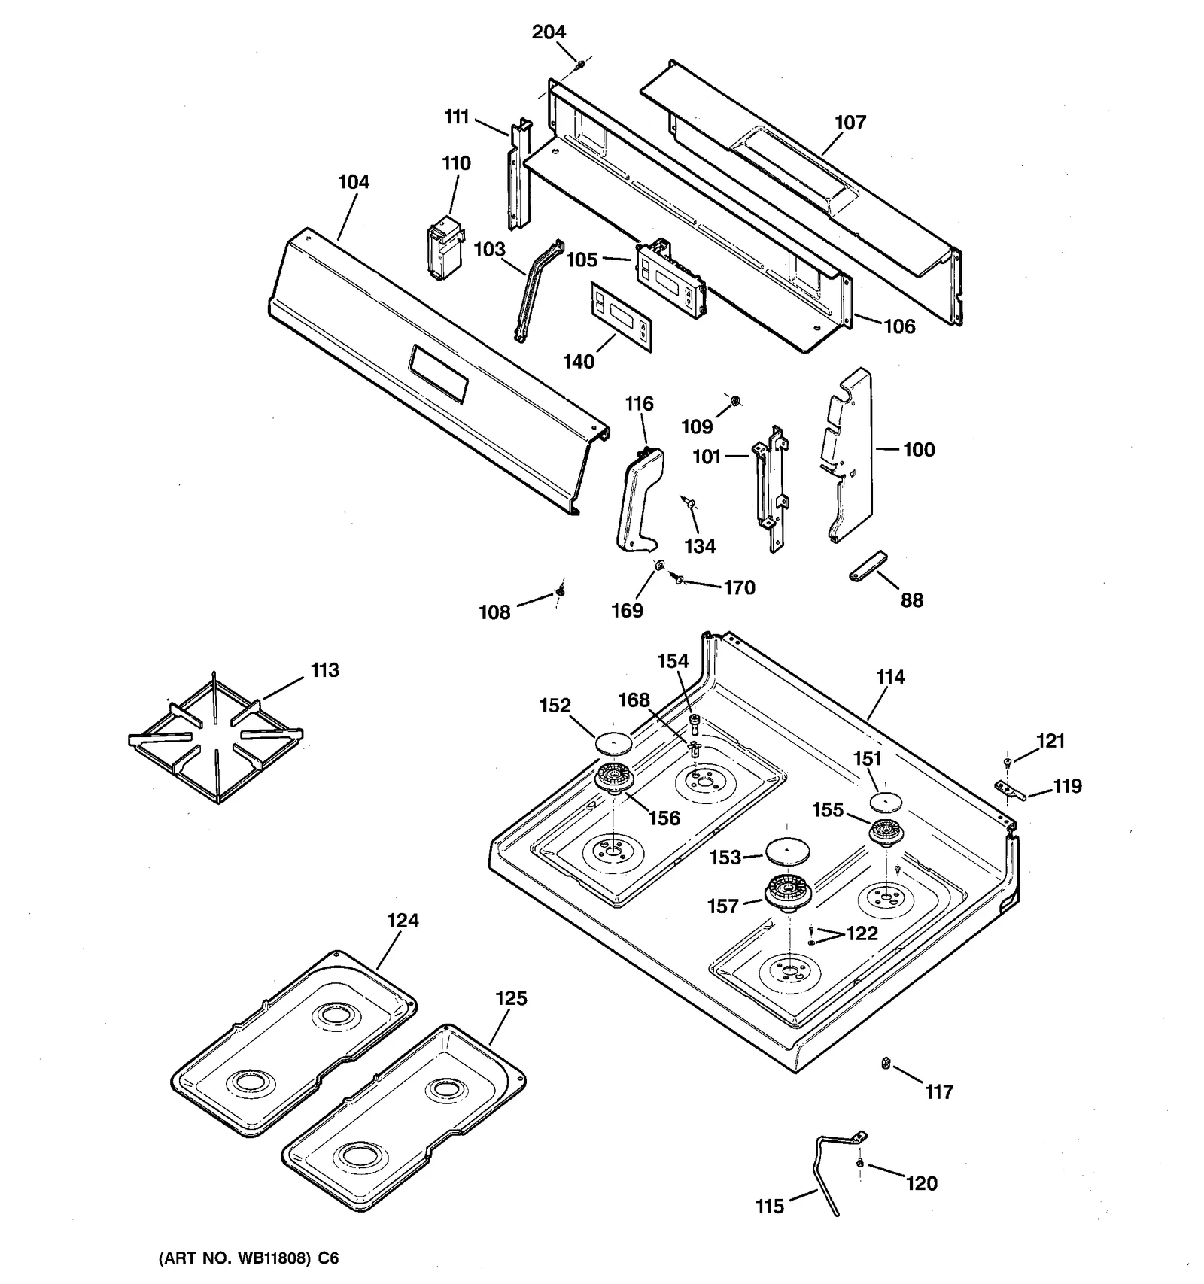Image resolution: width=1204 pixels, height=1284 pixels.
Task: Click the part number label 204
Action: pyautogui.click(x=549, y=32)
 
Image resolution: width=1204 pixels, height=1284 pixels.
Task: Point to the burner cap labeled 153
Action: pyautogui.click(x=786, y=851)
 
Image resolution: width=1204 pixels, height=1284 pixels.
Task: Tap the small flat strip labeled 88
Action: pyautogui.click(x=868, y=566)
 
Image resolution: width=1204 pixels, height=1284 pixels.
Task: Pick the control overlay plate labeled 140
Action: pyautogui.click(x=621, y=317)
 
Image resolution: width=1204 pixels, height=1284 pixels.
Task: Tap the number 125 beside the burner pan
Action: pyautogui.click(x=511, y=998)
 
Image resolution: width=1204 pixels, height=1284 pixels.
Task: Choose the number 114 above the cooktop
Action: pyautogui.click(x=890, y=677)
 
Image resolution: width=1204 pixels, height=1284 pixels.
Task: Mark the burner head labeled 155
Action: pyautogui.click(x=886, y=833)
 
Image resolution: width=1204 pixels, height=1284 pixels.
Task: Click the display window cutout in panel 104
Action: pyautogui.click(x=438, y=374)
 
